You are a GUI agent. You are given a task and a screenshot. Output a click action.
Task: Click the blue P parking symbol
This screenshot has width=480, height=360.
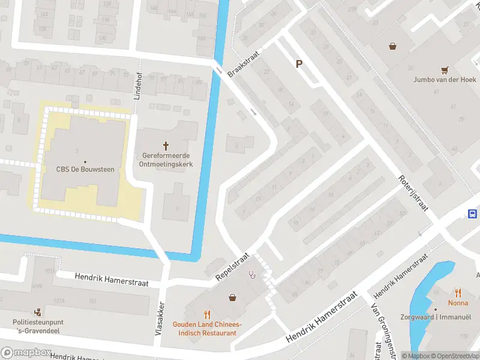[299, 64]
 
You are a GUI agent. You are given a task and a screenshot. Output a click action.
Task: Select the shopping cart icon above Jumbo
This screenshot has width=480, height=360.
[445, 70]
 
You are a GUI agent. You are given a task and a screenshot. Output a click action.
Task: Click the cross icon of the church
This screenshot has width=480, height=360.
[166, 145]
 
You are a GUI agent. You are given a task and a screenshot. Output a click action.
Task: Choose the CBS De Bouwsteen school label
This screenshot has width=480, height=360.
[85, 169]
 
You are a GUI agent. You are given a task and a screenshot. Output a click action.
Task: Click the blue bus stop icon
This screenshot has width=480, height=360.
[473, 214]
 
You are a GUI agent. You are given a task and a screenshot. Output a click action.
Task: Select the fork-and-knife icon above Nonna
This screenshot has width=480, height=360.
[458, 293]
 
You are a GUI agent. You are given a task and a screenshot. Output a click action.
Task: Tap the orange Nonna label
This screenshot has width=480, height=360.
[458, 303]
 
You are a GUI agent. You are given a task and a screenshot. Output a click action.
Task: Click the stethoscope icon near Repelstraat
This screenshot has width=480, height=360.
[253, 275]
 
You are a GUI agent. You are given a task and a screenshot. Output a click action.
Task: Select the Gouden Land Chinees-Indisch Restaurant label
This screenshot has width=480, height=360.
[207, 328]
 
